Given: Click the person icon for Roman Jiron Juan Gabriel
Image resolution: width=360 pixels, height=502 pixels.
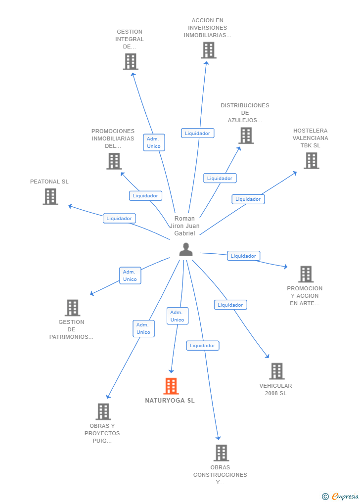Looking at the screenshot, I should tap(186, 250).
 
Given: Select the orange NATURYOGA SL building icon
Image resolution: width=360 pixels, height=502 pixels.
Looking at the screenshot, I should tap(171, 386).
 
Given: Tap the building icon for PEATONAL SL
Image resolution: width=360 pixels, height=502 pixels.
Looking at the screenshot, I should tap(50, 196).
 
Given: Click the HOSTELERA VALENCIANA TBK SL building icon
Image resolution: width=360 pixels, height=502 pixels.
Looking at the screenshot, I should tap(311, 160).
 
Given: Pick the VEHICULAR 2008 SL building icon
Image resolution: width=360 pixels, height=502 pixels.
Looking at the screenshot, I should tap(276, 371).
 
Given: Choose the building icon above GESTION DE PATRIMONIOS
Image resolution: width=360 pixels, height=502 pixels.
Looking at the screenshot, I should tap(72, 308).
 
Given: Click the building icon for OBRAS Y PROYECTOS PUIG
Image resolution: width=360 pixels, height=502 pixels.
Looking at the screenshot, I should tap(103, 411).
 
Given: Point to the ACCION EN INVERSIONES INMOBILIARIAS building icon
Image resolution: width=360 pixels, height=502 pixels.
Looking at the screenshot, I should tap(208, 50).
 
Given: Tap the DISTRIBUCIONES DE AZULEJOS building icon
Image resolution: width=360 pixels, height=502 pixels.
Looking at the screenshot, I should tap(246, 135).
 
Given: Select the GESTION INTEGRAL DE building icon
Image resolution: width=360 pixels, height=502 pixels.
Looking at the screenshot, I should tap(130, 61).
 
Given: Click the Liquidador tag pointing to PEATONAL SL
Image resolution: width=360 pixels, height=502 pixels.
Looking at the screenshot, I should tap(119, 218).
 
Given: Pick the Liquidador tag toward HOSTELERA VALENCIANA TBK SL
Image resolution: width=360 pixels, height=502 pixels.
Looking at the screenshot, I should tap(248, 199).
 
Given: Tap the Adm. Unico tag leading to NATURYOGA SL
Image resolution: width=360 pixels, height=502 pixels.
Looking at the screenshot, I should tap(177, 316).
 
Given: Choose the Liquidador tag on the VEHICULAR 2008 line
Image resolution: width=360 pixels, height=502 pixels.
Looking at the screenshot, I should tap(230, 305).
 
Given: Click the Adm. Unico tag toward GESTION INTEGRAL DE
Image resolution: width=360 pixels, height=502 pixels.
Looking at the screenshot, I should tap(154, 142).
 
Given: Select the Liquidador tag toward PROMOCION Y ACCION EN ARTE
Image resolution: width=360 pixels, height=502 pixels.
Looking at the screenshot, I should tap(243, 256).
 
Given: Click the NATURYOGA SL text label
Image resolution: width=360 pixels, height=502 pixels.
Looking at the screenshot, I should tap(170, 401).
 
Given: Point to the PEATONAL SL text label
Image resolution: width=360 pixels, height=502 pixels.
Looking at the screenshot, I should tap(49, 182).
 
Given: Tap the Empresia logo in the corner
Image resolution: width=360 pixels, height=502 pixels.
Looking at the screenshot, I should tap(341, 496).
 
